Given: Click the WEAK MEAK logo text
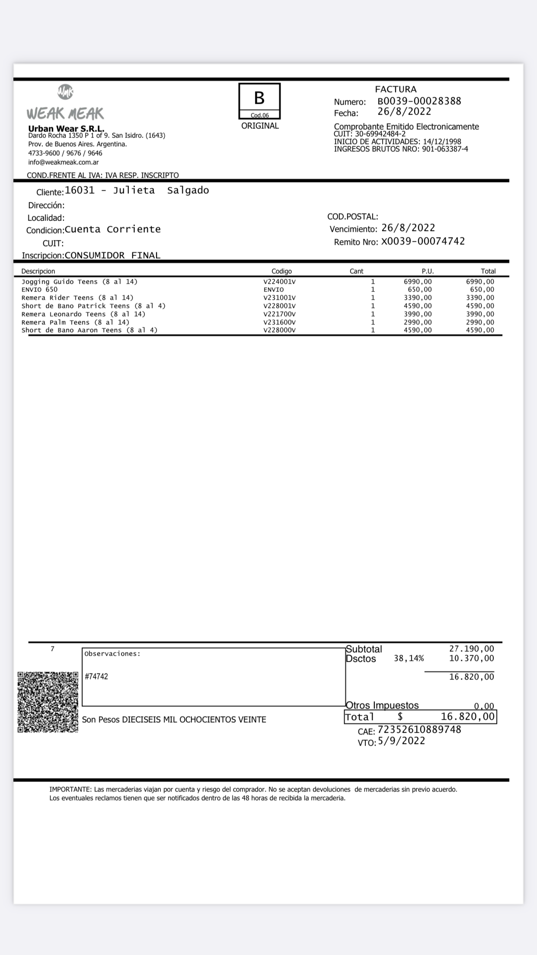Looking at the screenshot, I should point(65,113).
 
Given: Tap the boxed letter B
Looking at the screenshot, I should point(259,98).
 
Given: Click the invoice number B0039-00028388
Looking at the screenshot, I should point(419,101).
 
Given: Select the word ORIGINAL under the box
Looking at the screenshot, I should point(260,126).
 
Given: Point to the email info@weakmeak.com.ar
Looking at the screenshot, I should point(64,162).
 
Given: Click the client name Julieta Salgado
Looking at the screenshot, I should point(161,190).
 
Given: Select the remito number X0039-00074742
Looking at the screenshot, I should point(423,241).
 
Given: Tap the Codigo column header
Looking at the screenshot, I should point(281,271).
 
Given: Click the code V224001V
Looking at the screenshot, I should point(279,282).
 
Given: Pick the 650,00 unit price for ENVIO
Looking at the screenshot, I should point(419,289).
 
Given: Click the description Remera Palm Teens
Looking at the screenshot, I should point(75,322).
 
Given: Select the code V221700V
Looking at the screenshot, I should point(279,314).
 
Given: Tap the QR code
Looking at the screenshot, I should point(48,702).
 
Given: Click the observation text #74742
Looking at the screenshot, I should point(96,676).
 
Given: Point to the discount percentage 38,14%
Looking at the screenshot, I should point(409,658).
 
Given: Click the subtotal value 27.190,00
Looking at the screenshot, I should point(471,649).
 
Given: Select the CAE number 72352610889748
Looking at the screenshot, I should point(419,730).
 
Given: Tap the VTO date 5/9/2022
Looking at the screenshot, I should point(401,741).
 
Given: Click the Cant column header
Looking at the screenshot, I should point(356,271).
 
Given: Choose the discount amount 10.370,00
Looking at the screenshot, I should point(471,658).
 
